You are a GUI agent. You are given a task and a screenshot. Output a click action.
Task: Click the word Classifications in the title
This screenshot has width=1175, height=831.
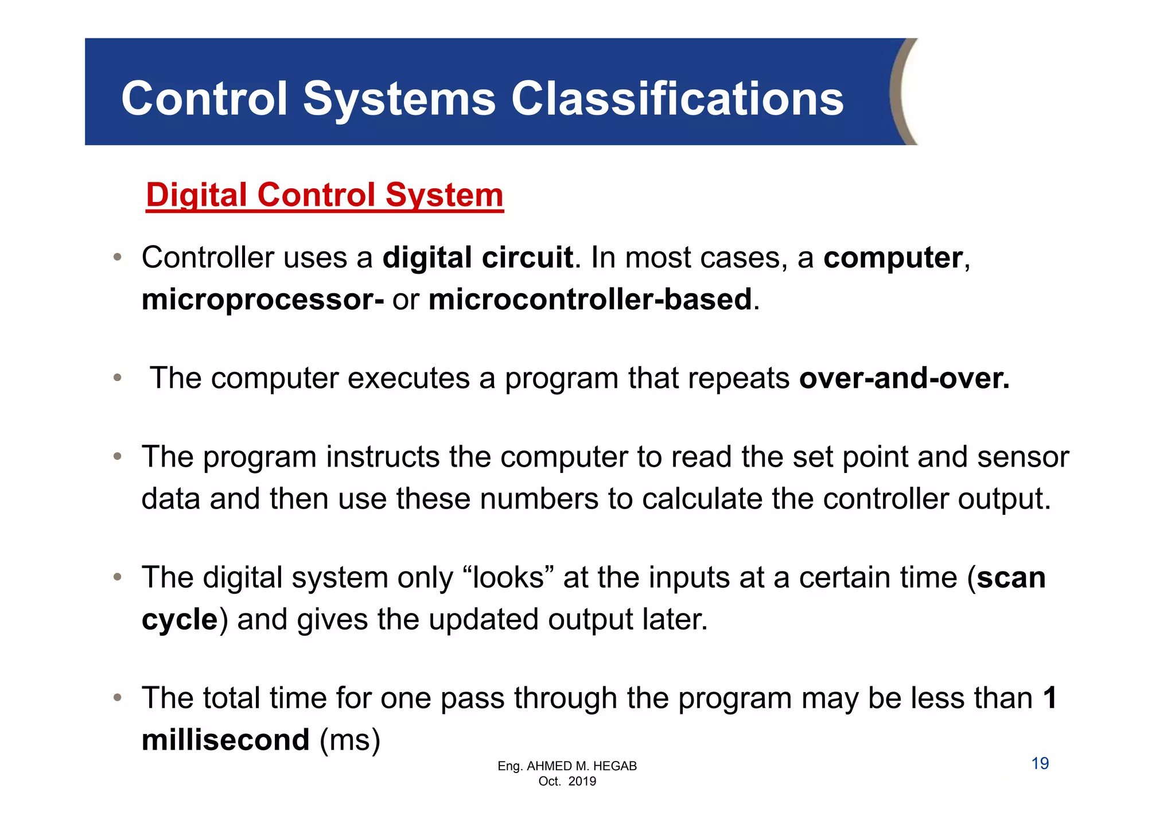[x=677, y=99]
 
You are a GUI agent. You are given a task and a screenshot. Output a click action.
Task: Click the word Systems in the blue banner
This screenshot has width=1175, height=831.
[x=399, y=99]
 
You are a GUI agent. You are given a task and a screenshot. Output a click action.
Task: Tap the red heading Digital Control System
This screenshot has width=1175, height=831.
[x=325, y=195]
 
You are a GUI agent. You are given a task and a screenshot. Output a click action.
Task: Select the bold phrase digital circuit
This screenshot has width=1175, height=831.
[x=477, y=258]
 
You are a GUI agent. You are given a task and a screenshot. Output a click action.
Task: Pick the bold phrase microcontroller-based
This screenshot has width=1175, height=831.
[x=590, y=300]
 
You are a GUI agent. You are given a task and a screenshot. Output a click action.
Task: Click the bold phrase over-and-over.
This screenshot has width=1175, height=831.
[x=904, y=378]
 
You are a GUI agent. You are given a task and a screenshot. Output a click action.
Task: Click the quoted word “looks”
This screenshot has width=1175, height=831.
[x=507, y=577]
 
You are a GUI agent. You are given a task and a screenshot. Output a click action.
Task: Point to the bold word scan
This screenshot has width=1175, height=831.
[x=1011, y=578]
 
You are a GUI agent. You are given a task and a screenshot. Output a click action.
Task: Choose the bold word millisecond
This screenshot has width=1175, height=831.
[x=225, y=740]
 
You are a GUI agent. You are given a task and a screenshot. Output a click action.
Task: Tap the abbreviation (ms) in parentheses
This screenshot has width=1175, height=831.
[x=350, y=740]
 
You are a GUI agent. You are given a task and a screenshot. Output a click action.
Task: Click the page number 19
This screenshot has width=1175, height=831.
[x=1040, y=764]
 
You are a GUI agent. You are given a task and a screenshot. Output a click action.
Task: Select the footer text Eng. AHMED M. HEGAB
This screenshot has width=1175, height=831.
[x=567, y=766]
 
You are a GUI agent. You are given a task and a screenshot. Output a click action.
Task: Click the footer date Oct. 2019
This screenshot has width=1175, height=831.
[x=567, y=782]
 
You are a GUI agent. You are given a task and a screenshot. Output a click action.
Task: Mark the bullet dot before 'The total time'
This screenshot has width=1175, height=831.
[x=117, y=698]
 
